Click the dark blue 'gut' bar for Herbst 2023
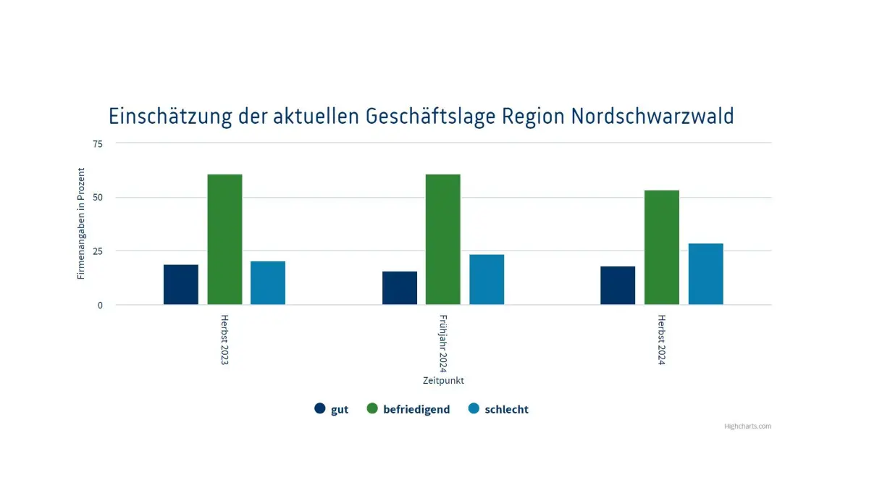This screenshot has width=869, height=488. point(181,285)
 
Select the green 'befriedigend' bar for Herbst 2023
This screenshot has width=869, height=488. point(224,240)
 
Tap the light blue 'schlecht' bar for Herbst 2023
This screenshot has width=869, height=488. point(268,283)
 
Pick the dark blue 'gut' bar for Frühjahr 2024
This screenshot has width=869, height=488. point(400,288)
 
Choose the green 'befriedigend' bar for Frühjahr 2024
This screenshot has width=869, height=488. point(443,240)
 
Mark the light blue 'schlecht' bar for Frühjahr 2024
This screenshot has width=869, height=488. point(487,279)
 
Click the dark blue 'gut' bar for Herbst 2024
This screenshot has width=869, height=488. point(618,285)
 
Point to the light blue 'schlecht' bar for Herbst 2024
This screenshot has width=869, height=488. point(705,274)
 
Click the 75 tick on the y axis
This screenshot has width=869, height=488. point(98,143)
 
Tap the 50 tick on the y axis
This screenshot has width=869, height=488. point(98,197)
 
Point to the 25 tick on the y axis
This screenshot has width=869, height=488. point(98,251)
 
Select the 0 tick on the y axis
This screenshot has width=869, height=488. point(100,305)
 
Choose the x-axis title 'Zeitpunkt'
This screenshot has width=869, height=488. point(443,380)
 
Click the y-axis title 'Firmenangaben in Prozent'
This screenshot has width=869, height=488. point(82,224)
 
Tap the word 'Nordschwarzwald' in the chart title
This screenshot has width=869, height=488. point(652,117)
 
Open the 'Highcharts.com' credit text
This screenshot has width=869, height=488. point(747,426)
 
